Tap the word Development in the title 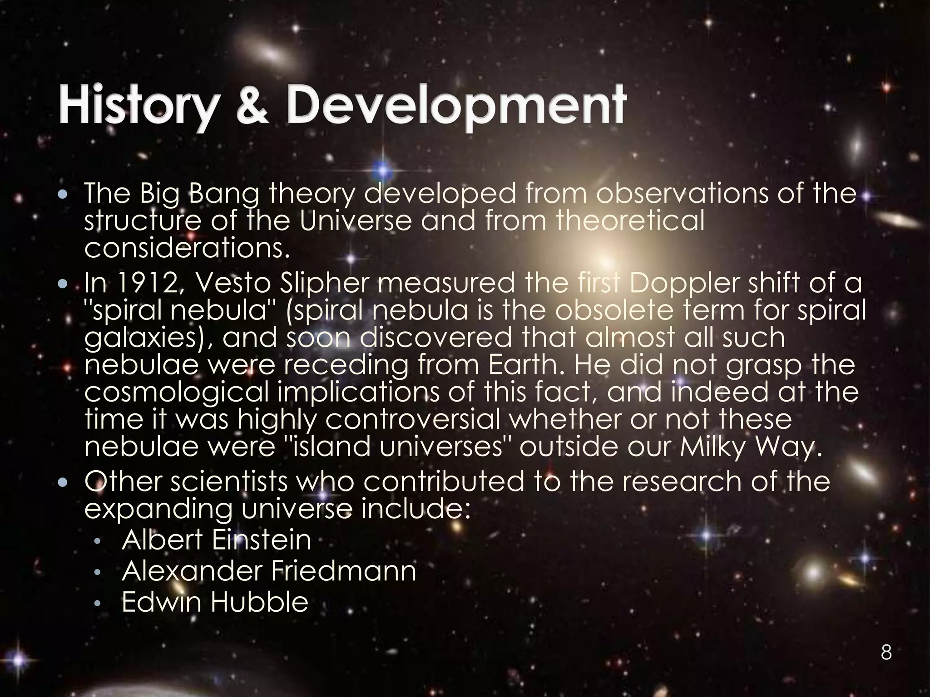point(456,107)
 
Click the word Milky point(713,447)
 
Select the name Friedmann point(343,571)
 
